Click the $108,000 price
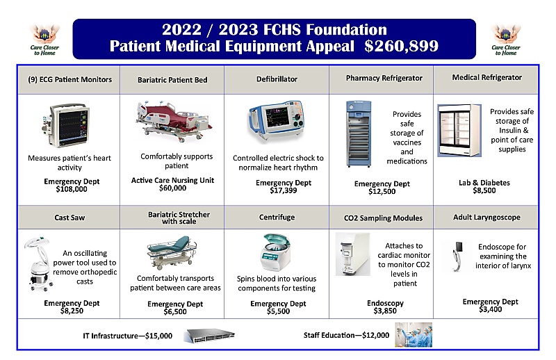point(69,188)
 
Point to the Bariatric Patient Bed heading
point(172,80)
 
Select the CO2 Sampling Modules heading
point(383,218)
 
